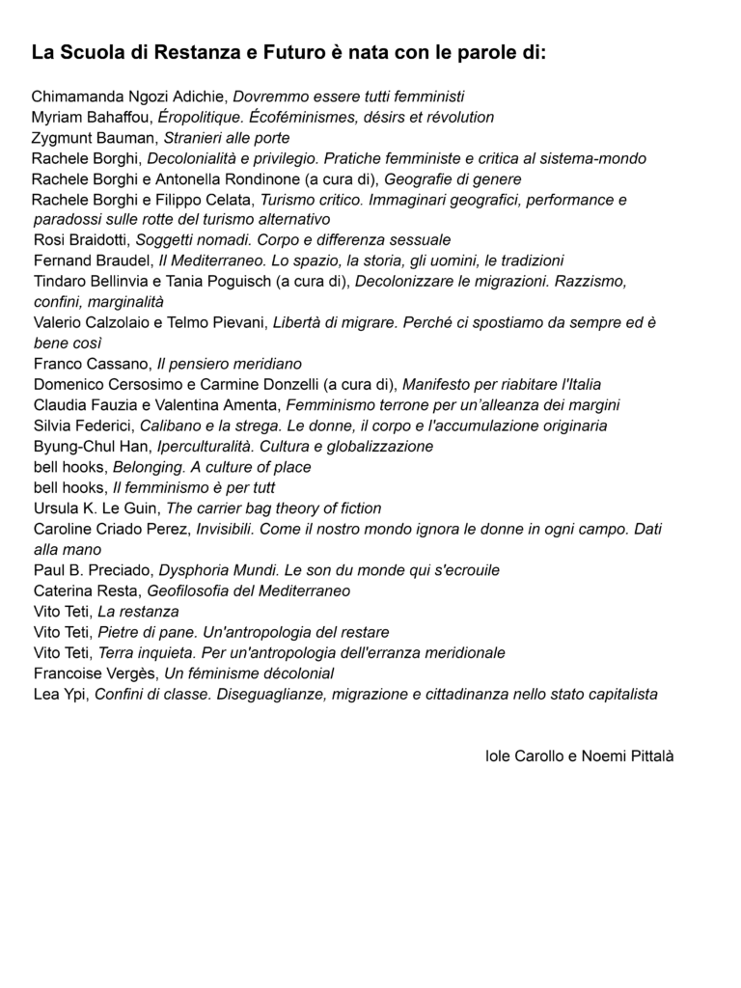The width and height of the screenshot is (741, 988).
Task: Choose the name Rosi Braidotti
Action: [81, 240]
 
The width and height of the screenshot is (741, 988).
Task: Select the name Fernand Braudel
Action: [90, 261]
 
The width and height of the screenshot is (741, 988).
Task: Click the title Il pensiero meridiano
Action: [230, 364]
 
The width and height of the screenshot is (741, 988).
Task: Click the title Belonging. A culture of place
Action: [212, 467]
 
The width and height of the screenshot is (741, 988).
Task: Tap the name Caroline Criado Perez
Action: [111, 529]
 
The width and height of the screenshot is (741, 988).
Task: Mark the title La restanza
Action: [138, 612]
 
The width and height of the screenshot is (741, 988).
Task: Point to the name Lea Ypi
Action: [60, 694]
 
